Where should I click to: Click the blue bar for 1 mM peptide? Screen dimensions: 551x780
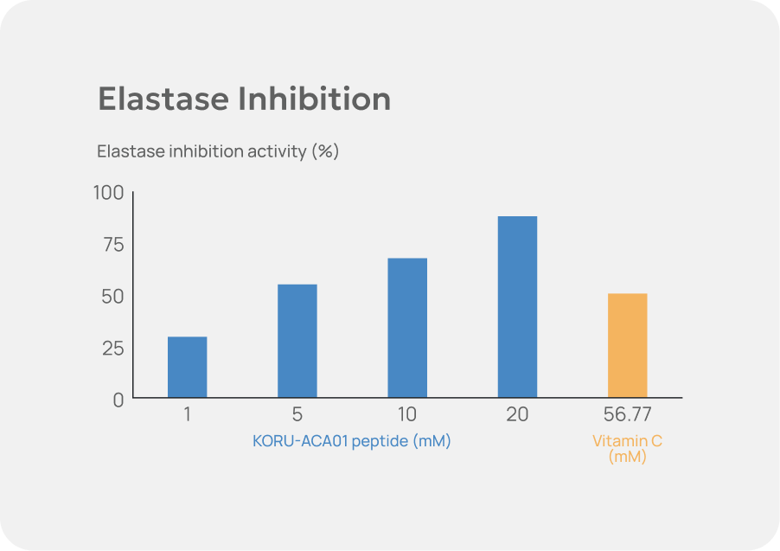(x=187, y=368)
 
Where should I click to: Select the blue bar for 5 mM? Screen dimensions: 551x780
(x=297, y=342)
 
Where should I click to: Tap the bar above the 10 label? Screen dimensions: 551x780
(x=406, y=329)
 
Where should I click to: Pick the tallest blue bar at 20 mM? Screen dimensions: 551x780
(x=517, y=307)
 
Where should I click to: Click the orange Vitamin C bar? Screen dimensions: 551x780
(x=627, y=346)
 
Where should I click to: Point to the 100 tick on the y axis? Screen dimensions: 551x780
(x=109, y=192)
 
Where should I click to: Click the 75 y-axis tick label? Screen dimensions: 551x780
(x=113, y=244)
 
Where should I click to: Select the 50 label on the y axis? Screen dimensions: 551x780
(x=113, y=296)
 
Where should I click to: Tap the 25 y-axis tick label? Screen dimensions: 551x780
(x=113, y=348)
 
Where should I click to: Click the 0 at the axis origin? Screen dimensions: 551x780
(x=118, y=400)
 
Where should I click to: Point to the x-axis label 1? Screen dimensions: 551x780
(x=187, y=414)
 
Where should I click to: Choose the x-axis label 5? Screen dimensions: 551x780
(x=297, y=414)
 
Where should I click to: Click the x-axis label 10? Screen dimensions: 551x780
(x=406, y=414)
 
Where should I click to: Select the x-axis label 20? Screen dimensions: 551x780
(x=517, y=414)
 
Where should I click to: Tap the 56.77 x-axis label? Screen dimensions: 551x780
(x=627, y=414)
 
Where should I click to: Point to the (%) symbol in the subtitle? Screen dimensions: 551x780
(x=326, y=151)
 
